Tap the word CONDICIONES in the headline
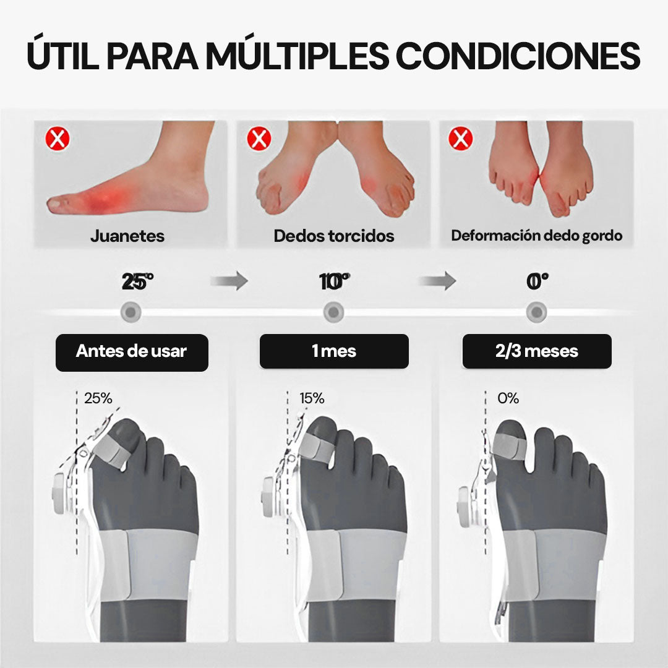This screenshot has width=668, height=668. pos(518,56)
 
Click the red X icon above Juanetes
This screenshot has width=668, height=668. pos(58,139)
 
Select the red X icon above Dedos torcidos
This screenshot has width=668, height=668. pos(259,139)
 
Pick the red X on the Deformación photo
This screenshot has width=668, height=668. pos(461,139)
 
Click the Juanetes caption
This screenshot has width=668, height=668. pos(127,236)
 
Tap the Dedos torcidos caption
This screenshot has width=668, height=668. pos(334,236)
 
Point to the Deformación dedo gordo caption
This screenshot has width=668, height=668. pos(537,236)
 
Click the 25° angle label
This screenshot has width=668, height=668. pos(137,281)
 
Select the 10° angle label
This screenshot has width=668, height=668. pos(335,281)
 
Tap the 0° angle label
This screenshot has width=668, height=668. pos(537,281)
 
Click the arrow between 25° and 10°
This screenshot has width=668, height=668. pos(229,281)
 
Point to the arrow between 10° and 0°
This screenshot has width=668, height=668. pos(437,281)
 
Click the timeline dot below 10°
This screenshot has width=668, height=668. pos(333,312)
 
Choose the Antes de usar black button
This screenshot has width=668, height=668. pos(132,353)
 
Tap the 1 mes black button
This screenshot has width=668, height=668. pos(334,351)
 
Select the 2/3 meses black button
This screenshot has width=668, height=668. pos(537,351)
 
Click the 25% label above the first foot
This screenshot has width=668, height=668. pos(98,398)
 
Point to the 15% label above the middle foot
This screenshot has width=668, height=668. pos(312,398)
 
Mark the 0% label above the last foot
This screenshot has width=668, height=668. pos(508,398)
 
